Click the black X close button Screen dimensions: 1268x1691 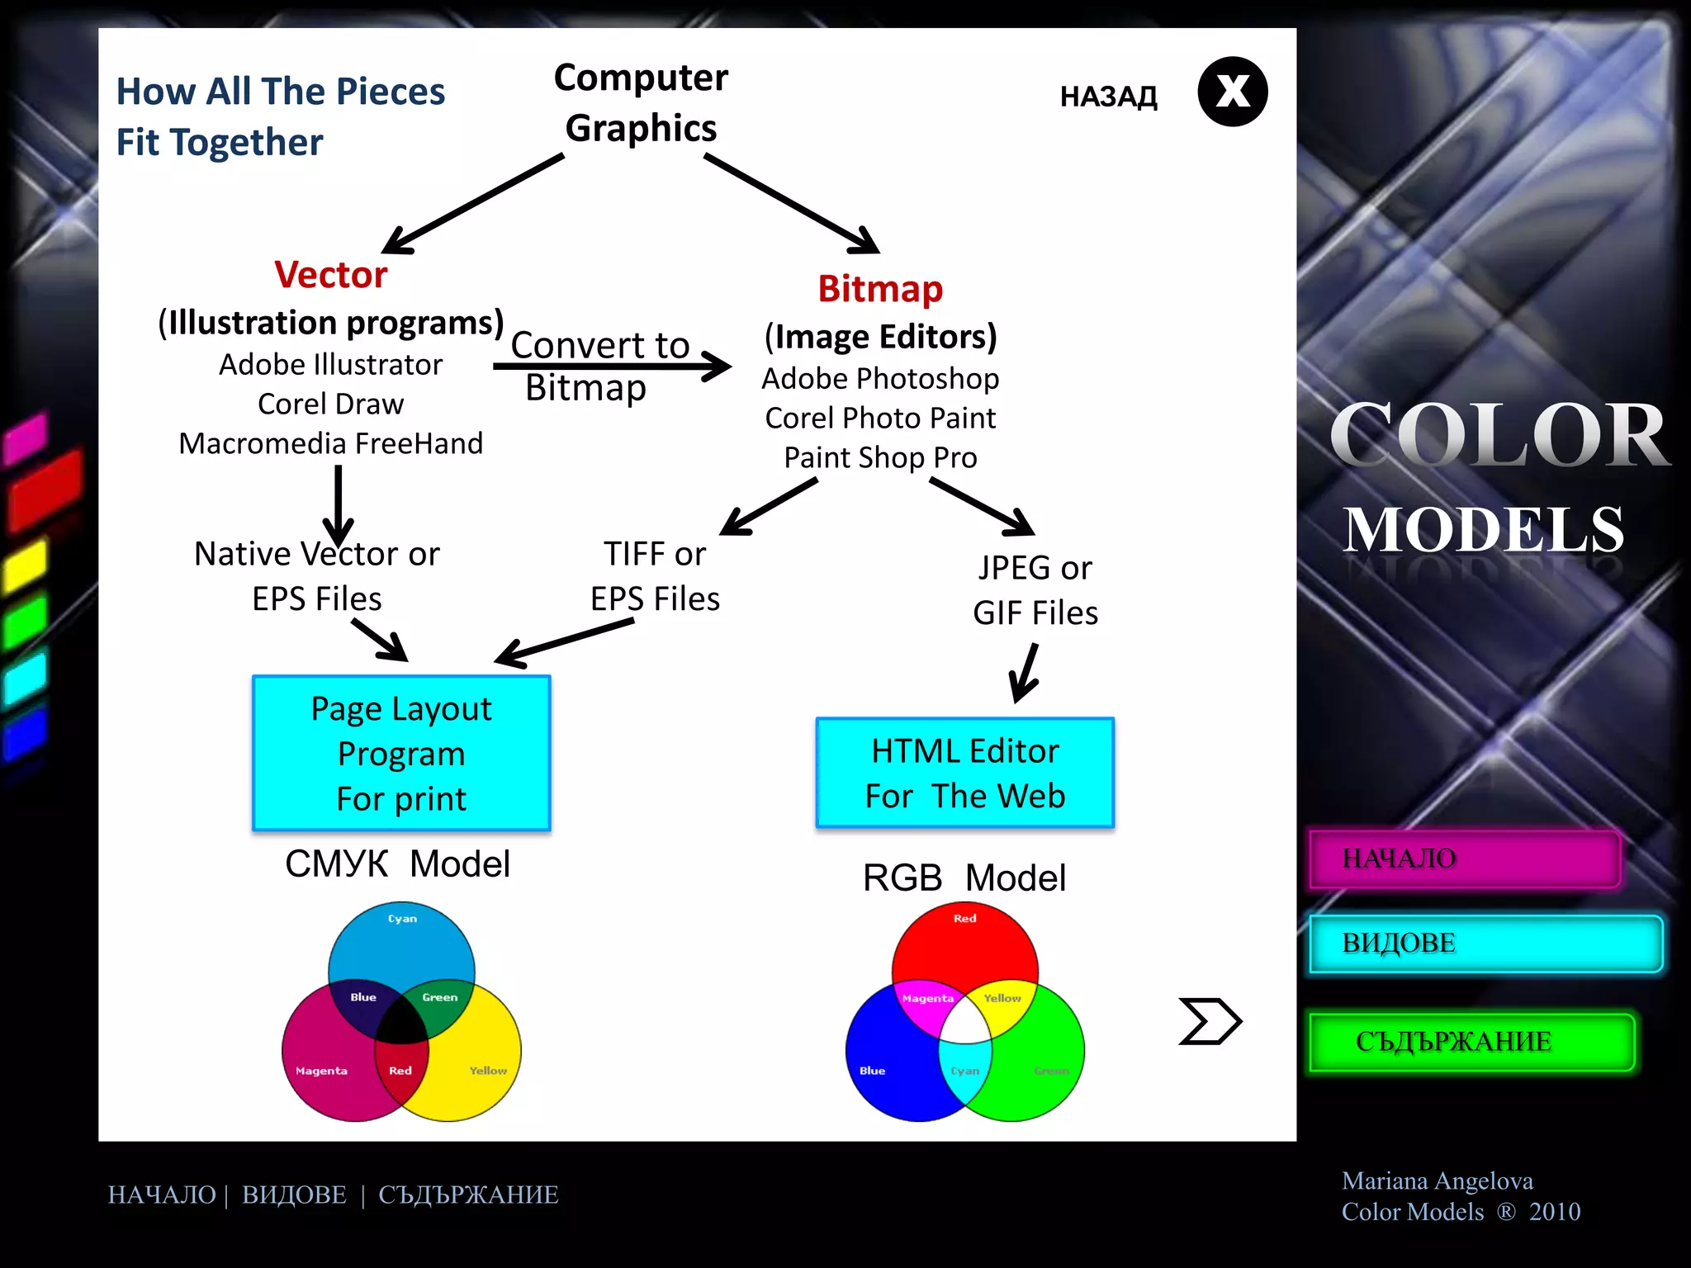pos(1232,92)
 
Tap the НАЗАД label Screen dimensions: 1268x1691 pos(1108,97)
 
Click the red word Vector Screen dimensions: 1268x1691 pos(330,275)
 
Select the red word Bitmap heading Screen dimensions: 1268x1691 pos(880,289)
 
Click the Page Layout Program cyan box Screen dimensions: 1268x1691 pos(401,753)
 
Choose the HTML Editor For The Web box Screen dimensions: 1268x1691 pos(964,773)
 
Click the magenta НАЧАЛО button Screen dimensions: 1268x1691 pos(1465,859)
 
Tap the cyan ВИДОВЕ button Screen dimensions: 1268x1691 pos(1485,943)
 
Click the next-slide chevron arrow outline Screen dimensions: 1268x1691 pos(1209,1021)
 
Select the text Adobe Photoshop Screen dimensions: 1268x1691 pos(880,379)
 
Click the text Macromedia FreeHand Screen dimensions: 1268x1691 pos(330,444)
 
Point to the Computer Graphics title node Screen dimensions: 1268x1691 pos(641,102)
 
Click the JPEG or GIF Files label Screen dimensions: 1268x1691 pos(1035,590)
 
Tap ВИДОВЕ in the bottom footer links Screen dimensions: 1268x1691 pos(294,1195)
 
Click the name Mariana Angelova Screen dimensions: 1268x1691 pos(1437,1180)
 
